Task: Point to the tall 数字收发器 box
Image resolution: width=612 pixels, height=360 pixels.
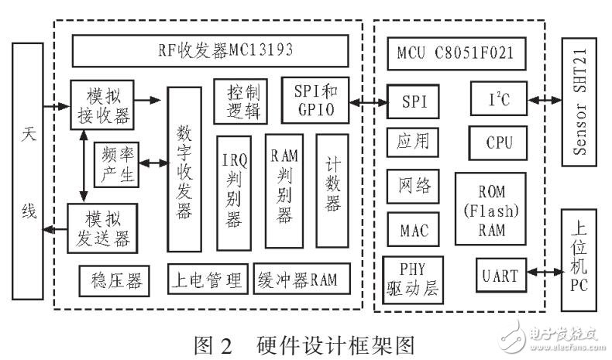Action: point(184,167)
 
